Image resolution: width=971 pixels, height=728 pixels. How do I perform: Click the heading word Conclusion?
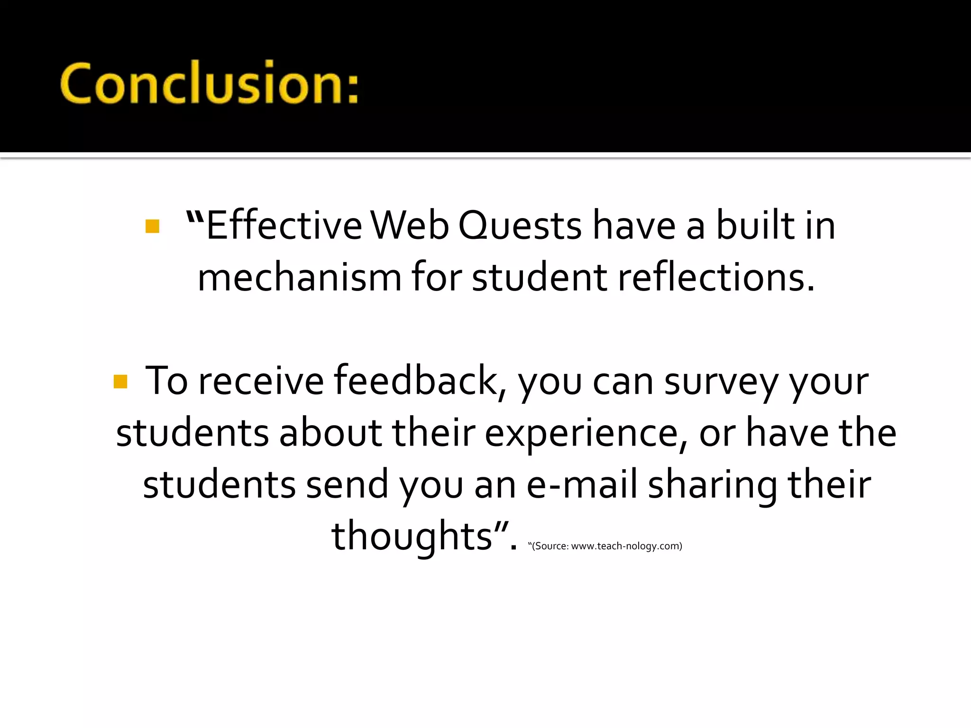tap(199, 83)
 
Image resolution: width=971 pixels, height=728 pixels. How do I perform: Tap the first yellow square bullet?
tap(152, 226)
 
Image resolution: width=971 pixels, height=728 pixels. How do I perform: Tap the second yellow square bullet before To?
tap(120, 382)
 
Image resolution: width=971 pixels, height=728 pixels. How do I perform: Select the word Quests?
tap(520, 227)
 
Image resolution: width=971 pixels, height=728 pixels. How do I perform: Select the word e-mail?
tap(582, 484)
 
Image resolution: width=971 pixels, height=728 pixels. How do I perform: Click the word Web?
tap(409, 226)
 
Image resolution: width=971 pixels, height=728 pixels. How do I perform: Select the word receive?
tap(261, 381)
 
